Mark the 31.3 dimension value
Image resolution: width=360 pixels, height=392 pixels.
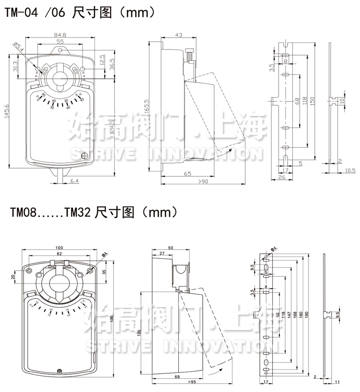[15, 66]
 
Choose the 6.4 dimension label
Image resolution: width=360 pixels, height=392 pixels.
[75, 181]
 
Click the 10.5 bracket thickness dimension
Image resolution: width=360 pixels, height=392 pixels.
[350, 170]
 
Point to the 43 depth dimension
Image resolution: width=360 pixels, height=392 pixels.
[178, 35]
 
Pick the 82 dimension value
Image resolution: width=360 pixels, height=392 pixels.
[59, 254]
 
